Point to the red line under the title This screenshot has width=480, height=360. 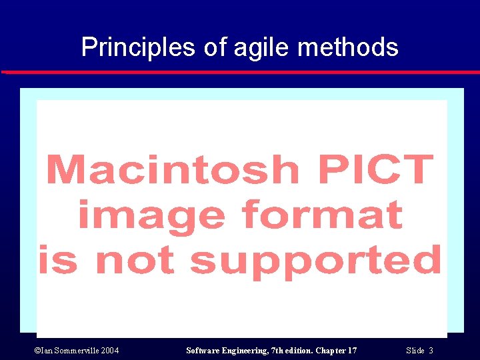coord(240,72)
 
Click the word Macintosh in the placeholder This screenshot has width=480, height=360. coord(174,170)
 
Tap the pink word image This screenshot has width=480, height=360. coord(153,215)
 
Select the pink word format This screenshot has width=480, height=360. coord(323,214)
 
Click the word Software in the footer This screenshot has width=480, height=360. coord(204,351)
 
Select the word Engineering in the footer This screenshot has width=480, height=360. coord(247,351)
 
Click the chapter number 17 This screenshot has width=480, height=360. coord(351,351)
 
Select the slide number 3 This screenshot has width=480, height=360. coord(431,351)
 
